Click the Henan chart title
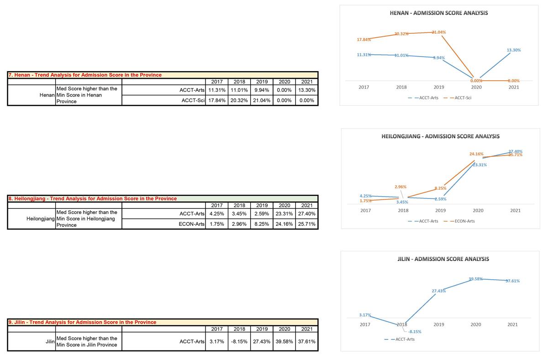click(438, 13)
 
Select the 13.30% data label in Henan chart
click(513, 50)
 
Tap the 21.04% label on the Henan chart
click(439, 32)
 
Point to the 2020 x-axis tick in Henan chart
click(476, 87)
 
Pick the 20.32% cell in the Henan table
click(239, 100)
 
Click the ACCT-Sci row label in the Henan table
click(192, 100)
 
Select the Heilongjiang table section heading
click(92, 198)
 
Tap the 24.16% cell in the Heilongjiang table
click(284, 224)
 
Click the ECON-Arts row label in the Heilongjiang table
click(191, 224)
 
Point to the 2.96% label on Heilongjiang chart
click(400, 187)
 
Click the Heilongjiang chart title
click(440, 136)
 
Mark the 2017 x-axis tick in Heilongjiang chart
click(365, 211)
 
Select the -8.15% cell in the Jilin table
click(239, 341)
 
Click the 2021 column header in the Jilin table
click(306, 329)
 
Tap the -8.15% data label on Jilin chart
click(414, 332)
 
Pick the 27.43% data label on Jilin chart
click(438, 291)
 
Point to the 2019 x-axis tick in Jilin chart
click(438, 325)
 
